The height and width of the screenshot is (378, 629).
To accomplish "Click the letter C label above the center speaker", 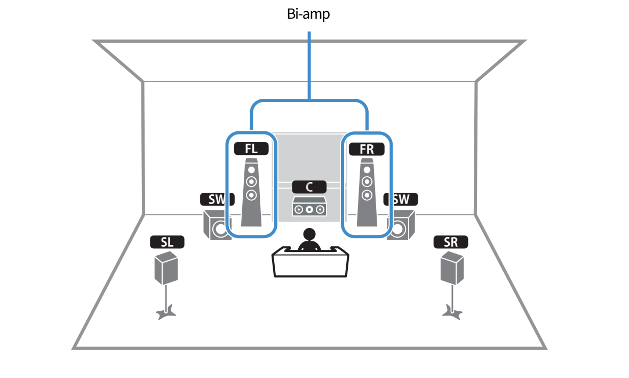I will (309, 187).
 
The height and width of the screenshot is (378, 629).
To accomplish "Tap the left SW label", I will (216, 200).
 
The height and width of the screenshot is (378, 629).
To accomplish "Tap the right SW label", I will (401, 200).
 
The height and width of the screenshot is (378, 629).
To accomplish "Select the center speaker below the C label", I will (309, 207).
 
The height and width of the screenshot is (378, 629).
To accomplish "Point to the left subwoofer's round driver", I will (220, 229).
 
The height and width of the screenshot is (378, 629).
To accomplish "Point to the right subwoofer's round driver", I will (397, 229).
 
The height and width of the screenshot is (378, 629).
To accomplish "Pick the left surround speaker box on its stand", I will (166, 268).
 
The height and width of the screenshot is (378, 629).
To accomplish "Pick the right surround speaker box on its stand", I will (452, 268).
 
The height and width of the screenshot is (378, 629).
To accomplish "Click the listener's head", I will (309, 235).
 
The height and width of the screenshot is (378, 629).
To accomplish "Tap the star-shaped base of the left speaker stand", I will (165, 312).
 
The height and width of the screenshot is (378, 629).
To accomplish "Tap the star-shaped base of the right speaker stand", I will (452, 312).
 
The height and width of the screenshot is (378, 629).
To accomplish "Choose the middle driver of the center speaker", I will (309, 209).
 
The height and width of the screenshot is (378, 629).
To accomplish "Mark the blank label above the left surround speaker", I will (167, 242).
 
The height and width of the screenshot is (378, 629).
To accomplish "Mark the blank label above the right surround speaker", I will (451, 242).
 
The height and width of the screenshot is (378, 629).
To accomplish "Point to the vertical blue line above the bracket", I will (309, 64).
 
